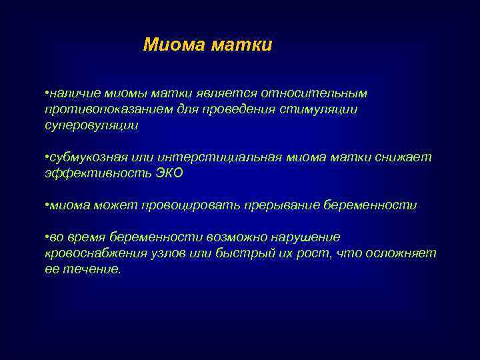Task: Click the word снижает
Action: click(x=407, y=157)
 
